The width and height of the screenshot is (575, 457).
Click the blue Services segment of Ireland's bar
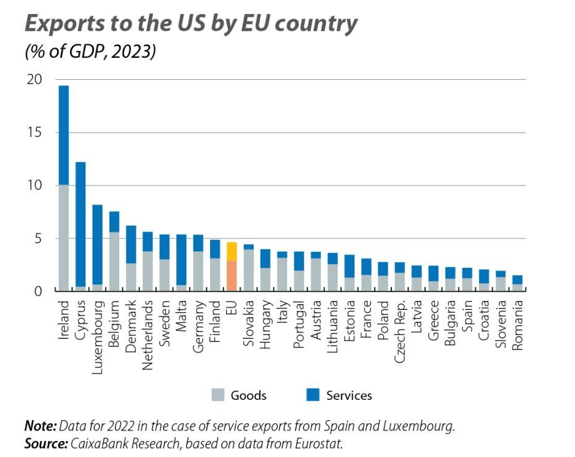(63, 135)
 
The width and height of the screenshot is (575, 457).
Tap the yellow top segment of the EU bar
(232, 251)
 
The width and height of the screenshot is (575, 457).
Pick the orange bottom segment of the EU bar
(232, 276)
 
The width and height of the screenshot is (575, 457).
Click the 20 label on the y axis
(34, 80)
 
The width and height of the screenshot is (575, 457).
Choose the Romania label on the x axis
(517, 325)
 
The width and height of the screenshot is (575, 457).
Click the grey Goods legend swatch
(218, 395)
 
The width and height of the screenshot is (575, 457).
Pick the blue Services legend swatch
(313, 395)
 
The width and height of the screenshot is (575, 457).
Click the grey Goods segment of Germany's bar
(198, 271)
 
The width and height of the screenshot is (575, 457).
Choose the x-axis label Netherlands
(147, 335)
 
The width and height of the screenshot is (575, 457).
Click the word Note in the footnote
(39, 426)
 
